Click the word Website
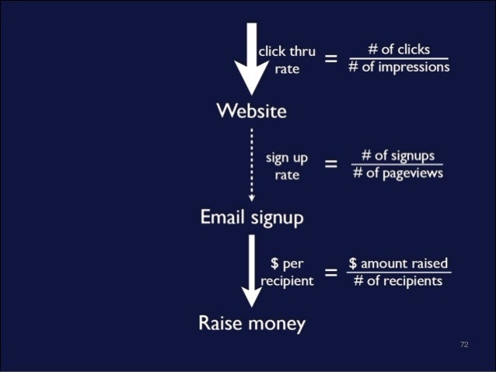pos(251,111)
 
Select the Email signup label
pos(251,217)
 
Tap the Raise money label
pos(251,323)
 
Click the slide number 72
pos(464,344)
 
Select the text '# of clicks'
pos(398,49)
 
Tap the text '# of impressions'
pos(398,67)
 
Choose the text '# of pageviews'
pos(398,172)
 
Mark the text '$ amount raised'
pos(398,263)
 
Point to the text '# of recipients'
pos(398,280)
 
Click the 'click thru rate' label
pos(287,60)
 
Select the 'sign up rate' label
pos(287,165)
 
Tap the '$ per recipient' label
pos(287,272)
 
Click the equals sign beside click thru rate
pos(331,59)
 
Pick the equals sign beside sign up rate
pos(331,165)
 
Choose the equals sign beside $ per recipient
pos(331,272)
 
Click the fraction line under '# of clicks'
pos(398,58)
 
